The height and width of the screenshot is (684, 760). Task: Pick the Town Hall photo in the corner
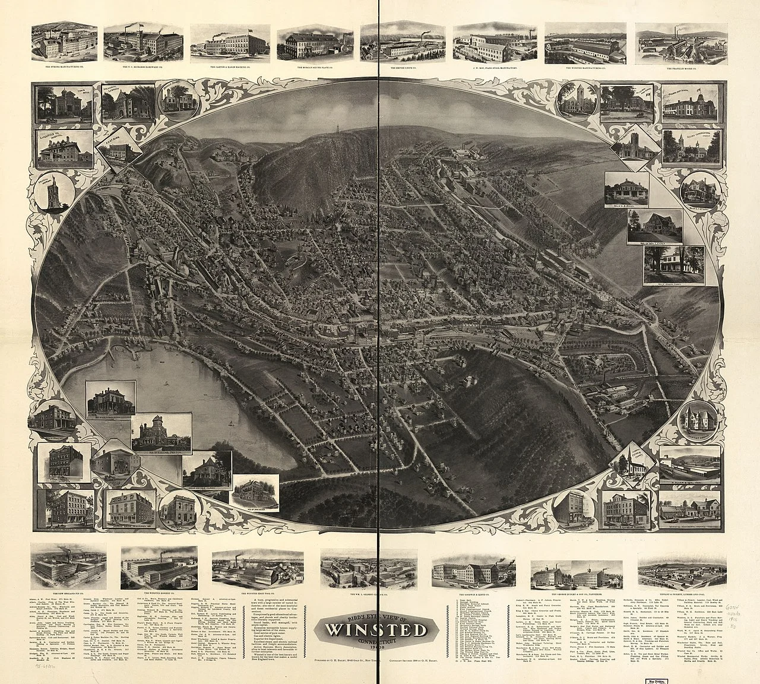pyautogui.click(x=63, y=103)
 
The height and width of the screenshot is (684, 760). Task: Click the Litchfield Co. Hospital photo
pyautogui.click(x=64, y=147)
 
